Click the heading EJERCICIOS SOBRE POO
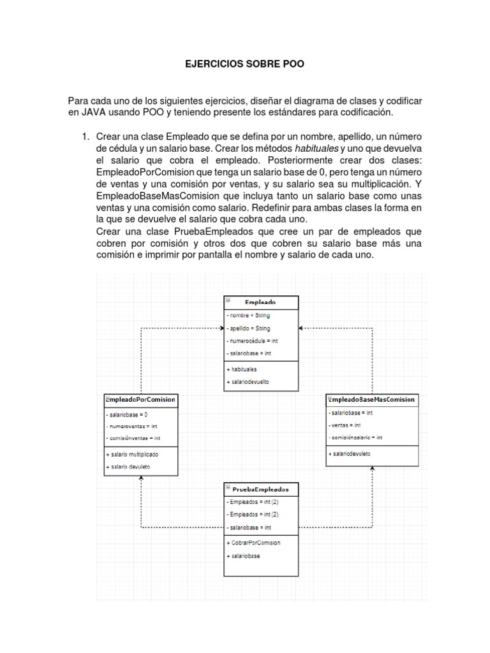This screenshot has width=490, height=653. click(x=244, y=64)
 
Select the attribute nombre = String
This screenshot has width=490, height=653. click(x=248, y=316)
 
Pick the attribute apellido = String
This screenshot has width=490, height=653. click(x=248, y=328)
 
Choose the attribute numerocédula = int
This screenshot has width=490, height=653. click(x=252, y=341)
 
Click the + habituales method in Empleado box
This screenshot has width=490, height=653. click(x=242, y=369)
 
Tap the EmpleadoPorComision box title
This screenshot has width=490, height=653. click(x=140, y=400)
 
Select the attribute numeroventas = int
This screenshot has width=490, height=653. click(x=131, y=427)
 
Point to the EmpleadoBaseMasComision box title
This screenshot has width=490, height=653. click(x=372, y=400)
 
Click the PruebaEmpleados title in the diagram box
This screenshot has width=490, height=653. click(x=260, y=490)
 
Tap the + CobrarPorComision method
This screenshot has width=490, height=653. click(x=253, y=543)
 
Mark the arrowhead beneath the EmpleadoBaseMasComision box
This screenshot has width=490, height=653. click(x=373, y=469)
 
